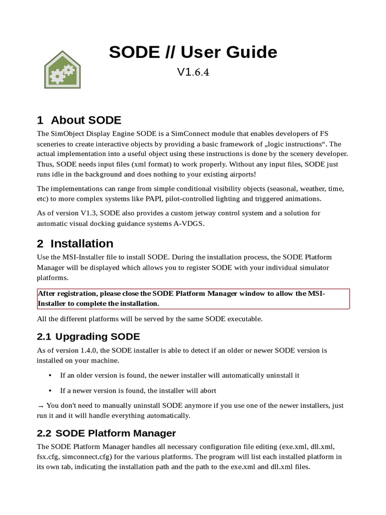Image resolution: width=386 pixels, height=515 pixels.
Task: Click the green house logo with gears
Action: (x=62, y=70)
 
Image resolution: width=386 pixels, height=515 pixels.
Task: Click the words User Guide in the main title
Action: (x=229, y=52)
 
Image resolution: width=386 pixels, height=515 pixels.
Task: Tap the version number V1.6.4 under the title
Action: (x=193, y=72)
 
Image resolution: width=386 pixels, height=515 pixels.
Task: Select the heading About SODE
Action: (x=86, y=120)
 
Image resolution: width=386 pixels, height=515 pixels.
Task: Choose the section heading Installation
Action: (x=82, y=244)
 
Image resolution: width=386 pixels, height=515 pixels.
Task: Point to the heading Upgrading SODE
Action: (x=98, y=336)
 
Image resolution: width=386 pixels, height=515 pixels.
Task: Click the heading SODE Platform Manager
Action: (x=116, y=433)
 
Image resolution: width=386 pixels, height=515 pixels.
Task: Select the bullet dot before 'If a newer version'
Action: (x=50, y=391)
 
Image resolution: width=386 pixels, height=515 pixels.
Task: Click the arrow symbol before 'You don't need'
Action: (x=41, y=405)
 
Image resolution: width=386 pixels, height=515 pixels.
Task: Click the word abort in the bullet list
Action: (x=207, y=391)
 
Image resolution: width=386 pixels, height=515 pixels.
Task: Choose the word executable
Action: (x=243, y=318)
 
